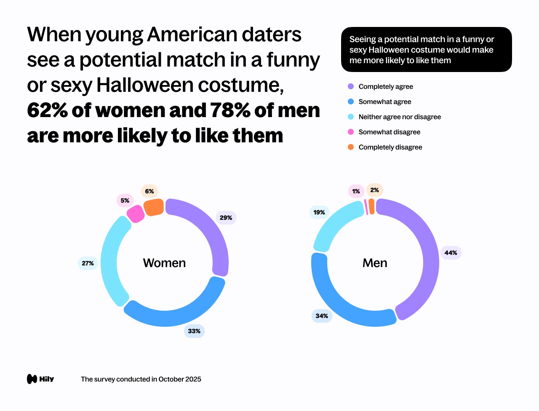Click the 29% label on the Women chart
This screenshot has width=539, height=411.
(226, 218)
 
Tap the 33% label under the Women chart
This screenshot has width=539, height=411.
(194, 331)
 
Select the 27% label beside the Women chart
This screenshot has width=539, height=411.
(88, 263)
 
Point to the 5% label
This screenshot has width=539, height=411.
(125, 200)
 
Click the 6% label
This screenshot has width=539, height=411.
(149, 191)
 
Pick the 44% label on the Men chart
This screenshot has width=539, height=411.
(451, 253)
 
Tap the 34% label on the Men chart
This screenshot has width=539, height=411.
(322, 316)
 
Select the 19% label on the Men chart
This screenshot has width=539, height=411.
(319, 212)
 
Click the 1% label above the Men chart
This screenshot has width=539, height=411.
(356, 191)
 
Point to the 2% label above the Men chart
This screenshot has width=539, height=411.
(374, 190)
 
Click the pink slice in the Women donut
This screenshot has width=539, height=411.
(136, 214)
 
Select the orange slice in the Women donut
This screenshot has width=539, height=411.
(154, 207)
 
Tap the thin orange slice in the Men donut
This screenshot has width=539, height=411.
(371, 207)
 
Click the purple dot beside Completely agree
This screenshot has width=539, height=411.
(351, 86)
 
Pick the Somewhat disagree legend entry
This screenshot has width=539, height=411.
(389, 132)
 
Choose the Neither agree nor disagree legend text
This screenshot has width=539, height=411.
(400, 117)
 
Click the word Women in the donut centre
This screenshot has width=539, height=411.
(164, 263)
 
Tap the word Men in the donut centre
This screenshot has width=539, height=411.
(375, 263)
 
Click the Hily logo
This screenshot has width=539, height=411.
(40, 379)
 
